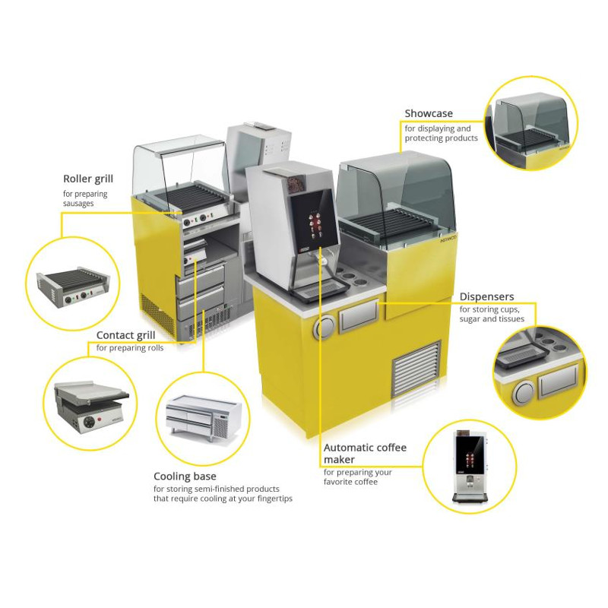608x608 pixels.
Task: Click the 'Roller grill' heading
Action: click(87, 179)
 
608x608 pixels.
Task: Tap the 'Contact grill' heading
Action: click(126, 335)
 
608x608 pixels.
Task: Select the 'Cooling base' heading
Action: click(185, 477)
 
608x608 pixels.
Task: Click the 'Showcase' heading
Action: click(429, 114)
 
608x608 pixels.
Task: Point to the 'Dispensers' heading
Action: click(486, 296)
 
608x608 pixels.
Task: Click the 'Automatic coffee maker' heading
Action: click(365, 454)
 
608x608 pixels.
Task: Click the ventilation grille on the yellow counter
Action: click(416, 368)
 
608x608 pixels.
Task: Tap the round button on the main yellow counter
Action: click(325, 328)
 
